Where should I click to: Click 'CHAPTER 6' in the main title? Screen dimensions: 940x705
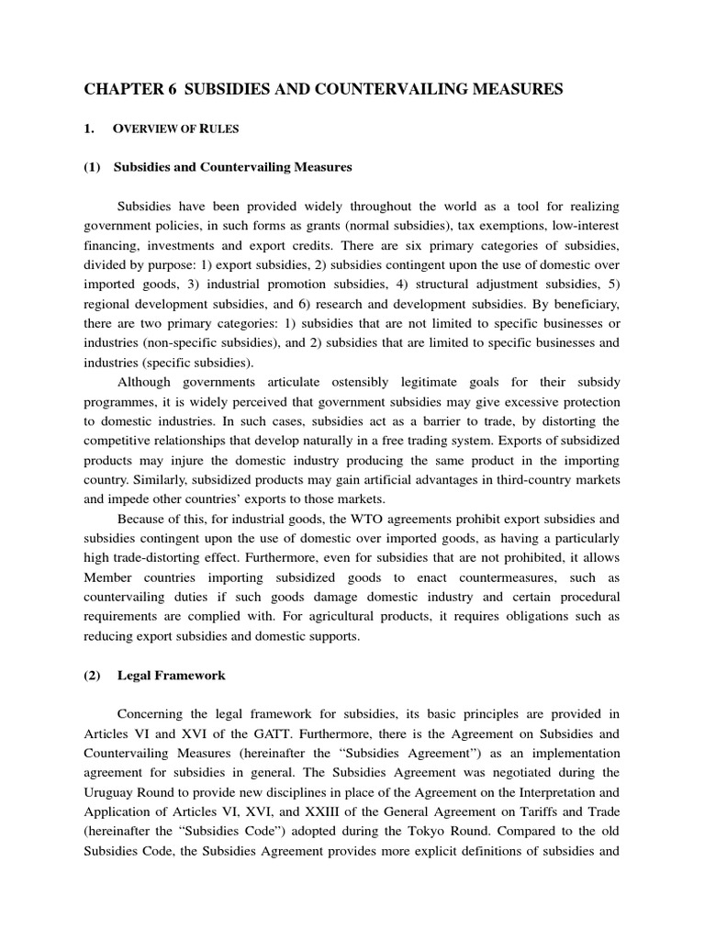(128, 88)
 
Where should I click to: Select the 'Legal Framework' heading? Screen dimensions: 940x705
(172, 676)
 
